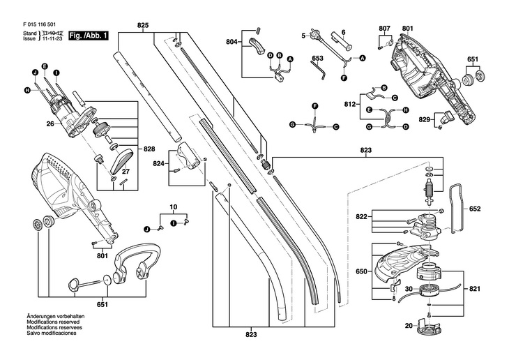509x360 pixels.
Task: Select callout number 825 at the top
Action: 142,26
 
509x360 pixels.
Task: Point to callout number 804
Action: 232,43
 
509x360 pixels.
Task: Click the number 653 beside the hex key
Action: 317,58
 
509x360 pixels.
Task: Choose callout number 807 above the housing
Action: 385,28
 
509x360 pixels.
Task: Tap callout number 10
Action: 174,208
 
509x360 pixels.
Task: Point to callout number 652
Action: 475,209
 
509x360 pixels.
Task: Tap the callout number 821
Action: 475,288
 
